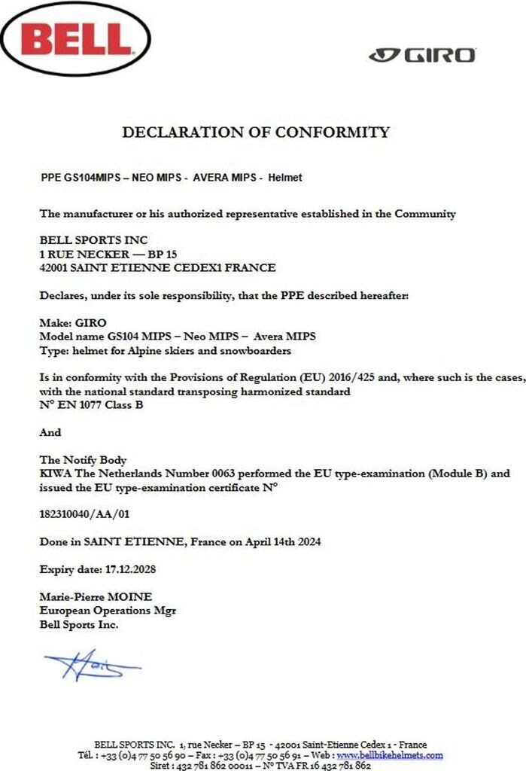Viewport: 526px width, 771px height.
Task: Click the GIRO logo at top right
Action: pos(422,55)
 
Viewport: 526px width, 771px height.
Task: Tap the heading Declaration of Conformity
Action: pos(256,133)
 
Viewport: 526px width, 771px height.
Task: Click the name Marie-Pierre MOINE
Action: pos(96,596)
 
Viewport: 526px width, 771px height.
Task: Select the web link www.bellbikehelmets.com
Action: pos(389,755)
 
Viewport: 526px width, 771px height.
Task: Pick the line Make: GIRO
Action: pos(72,322)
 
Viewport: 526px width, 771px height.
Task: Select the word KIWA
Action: pos(56,474)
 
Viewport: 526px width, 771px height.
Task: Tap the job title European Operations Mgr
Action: pos(108,610)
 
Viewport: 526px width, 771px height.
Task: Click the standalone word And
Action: pos(50,432)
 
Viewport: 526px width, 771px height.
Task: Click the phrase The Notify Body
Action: pos(83,459)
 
